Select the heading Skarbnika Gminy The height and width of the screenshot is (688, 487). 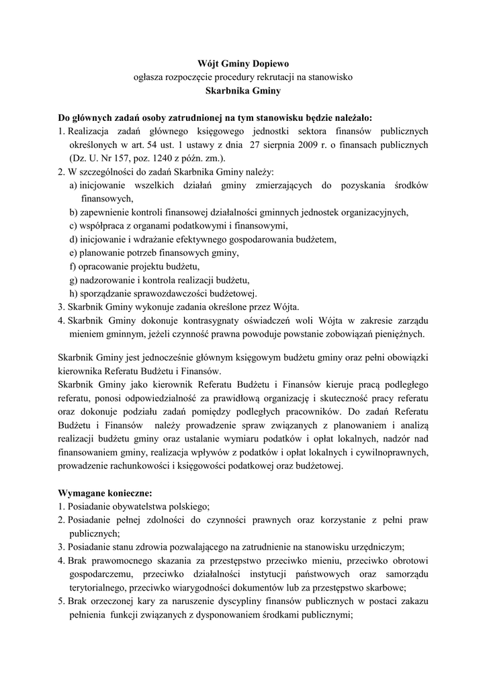(243, 90)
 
